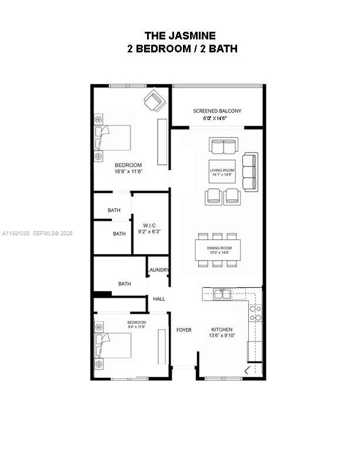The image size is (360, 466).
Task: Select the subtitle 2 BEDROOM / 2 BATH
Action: coord(182,49)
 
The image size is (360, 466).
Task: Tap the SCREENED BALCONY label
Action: coord(217,111)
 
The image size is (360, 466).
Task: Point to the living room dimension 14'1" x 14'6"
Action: coord(222,175)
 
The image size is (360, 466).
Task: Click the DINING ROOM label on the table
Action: coord(219,248)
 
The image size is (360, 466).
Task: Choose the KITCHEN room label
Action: coord(222,329)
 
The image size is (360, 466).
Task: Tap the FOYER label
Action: coord(184,330)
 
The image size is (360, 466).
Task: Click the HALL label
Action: coord(159,299)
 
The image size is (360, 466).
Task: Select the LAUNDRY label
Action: coord(159,270)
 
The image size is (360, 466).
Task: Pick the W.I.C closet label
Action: coord(149,225)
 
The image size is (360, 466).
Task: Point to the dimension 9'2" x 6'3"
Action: coord(149,232)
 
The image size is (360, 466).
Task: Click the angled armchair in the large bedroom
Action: coord(155,100)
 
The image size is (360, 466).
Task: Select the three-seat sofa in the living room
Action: coord(250,172)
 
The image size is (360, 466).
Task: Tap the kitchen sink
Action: coord(222,294)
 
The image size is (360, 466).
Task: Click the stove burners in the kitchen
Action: coord(256,312)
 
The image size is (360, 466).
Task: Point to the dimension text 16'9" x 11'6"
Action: coord(128,172)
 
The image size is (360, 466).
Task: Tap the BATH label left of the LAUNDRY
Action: coord(124,284)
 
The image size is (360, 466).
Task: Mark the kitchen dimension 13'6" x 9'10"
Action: coord(222,337)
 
